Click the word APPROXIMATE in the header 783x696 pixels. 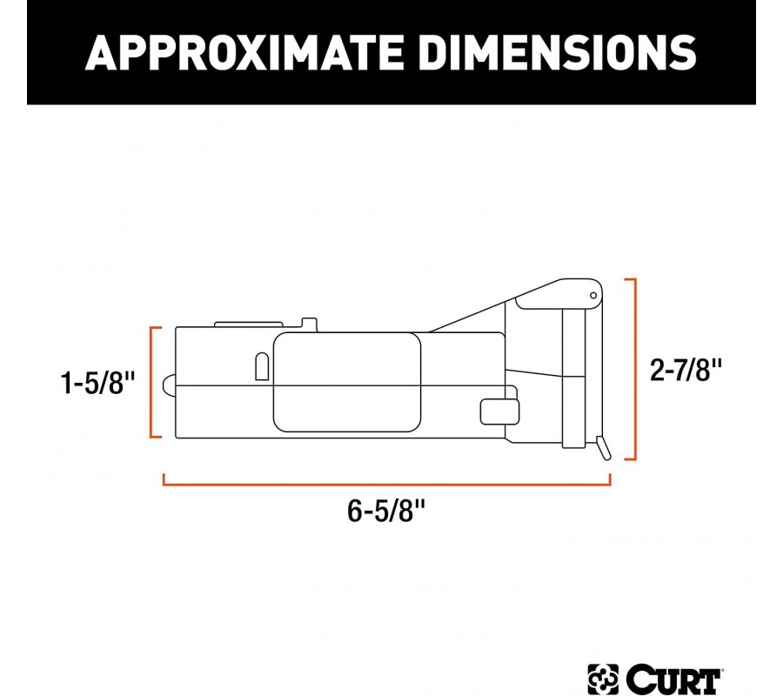[x=244, y=52]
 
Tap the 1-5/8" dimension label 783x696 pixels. [x=97, y=383]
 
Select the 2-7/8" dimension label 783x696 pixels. [x=686, y=370]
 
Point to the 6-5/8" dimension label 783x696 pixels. [x=386, y=511]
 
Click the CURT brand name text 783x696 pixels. [x=673, y=680]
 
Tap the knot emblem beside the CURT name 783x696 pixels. [x=603, y=680]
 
